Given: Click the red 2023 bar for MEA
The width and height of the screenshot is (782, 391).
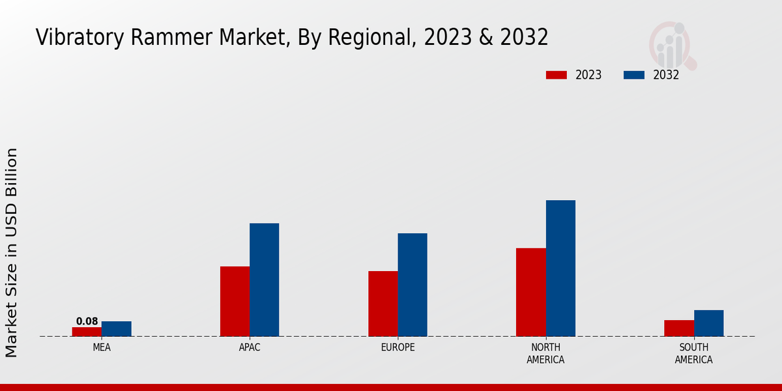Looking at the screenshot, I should tap(87, 332).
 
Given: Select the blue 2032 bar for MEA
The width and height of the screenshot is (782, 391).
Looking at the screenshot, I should tap(116, 329).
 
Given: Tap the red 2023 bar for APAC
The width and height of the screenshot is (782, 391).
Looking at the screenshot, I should tap(235, 301).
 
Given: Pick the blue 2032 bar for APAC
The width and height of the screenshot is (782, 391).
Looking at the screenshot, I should tap(264, 280).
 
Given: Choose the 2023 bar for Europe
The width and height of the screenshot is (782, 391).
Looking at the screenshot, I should tap(383, 304).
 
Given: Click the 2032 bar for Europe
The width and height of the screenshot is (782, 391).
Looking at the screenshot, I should tap(413, 285).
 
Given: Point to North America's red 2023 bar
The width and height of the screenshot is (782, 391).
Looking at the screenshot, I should tap(530, 292).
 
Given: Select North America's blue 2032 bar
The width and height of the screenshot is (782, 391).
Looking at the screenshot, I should tap(560, 268).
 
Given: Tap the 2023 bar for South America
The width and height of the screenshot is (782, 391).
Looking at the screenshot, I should tap(678, 328).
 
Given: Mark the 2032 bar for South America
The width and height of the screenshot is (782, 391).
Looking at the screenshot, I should tap(708, 323).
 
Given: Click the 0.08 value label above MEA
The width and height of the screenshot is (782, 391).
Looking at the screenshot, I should tap(87, 321).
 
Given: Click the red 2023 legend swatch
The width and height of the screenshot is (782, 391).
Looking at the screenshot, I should tap(556, 75).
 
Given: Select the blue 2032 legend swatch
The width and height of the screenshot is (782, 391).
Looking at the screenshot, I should tap(633, 75).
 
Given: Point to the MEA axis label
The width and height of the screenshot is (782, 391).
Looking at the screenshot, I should tap(102, 347).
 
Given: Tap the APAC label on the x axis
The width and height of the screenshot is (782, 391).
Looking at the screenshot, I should tap(250, 347).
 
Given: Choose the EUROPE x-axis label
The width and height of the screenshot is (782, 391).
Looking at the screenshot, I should tap(398, 347).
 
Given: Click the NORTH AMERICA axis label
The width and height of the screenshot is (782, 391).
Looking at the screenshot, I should tap(545, 353).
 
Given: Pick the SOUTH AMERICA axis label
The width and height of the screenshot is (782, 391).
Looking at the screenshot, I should tap(693, 353).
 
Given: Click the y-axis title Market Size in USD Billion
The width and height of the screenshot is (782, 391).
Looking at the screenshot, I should tap(12, 252).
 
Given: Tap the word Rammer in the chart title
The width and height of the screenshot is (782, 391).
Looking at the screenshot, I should tap(167, 37).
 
